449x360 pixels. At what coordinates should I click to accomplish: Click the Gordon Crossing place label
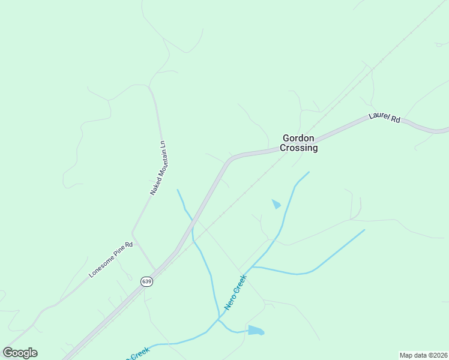300,143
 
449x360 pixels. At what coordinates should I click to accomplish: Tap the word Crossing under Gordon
300,148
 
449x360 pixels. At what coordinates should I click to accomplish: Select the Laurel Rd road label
385,118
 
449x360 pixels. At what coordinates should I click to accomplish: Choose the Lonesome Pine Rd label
110,260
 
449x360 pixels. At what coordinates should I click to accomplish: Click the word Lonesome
103,265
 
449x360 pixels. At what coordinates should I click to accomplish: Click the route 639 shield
146,281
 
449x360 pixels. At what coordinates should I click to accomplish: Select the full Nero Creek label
236,292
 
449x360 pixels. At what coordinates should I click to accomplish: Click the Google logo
20,352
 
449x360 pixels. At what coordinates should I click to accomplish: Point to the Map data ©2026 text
423,355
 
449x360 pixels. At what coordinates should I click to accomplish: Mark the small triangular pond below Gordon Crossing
276,204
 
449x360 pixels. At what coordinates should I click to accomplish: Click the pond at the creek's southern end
256,330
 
